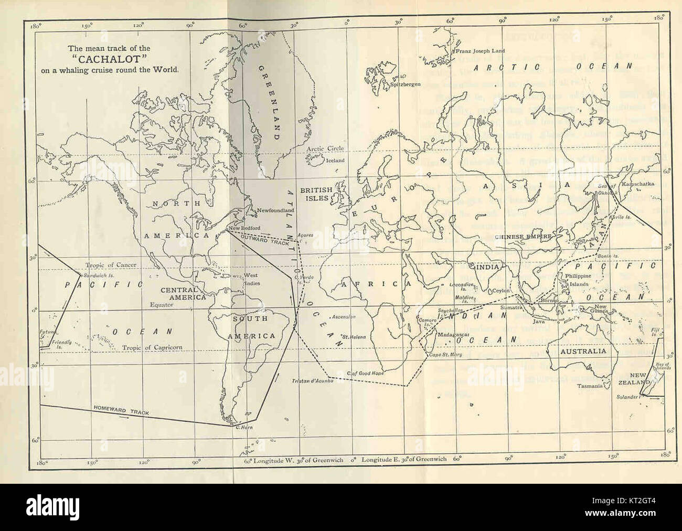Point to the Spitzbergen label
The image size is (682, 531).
click(403, 84)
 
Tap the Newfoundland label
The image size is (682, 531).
click(275, 210)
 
